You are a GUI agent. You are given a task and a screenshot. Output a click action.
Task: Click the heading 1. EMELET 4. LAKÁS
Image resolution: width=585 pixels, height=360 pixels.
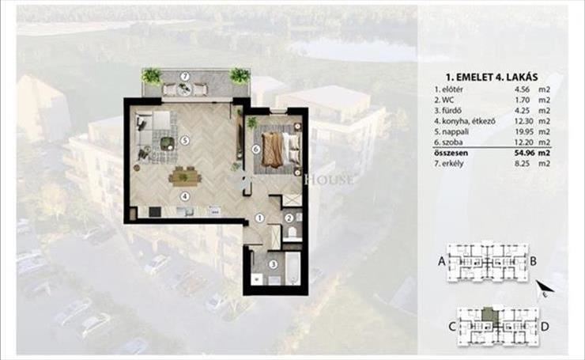pos(492,77)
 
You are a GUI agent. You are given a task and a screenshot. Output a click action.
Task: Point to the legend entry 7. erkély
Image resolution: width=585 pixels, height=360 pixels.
pos(449,163)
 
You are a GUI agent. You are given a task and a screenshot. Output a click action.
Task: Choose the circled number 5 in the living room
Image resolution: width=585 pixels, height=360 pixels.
pos(184,140)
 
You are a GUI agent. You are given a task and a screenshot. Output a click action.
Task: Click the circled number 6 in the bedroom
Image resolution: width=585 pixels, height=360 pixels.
pos(256,150)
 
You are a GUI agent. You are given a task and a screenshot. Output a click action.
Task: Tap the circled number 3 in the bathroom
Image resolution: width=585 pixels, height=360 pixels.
pos(274,264)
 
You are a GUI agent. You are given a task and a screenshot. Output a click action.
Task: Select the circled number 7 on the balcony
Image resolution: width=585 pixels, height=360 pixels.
pos(185,77)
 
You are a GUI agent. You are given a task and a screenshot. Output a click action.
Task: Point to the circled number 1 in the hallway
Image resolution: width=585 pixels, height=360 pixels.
pos(259,218)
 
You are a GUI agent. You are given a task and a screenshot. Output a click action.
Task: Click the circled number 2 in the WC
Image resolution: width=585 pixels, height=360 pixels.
pos(289,218)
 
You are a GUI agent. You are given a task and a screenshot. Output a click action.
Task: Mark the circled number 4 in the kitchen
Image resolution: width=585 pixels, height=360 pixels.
pos(184,196)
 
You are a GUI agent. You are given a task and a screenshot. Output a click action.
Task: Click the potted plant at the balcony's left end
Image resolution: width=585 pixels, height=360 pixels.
pos(152,76)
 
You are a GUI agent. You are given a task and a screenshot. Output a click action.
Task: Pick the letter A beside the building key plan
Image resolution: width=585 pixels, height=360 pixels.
pos(442,261)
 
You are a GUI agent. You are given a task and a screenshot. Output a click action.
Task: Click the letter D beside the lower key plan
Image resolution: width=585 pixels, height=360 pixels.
pos(545,327)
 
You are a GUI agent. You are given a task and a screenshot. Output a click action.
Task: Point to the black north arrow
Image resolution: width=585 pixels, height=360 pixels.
pos(545,287)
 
